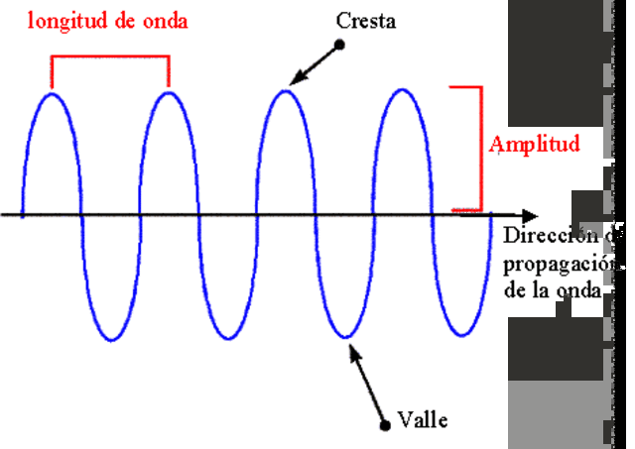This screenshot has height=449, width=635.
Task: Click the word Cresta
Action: [x=366, y=21]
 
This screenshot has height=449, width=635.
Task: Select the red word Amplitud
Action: [x=534, y=145]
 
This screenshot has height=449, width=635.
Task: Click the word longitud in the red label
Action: [x=65, y=21]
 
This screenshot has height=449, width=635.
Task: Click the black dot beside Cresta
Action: [x=339, y=45]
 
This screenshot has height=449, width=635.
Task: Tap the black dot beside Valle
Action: [x=385, y=426]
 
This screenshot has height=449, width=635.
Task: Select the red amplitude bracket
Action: [x=478, y=149]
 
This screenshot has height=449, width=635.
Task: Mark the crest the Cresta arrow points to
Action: [x=286, y=92]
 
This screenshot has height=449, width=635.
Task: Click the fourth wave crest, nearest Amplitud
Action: [x=403, y=92]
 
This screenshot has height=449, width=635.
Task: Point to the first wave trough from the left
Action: [x=110, y=339]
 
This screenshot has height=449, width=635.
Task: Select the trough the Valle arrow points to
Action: [x=344, y=339]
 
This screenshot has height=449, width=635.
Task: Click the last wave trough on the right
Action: [x=461, y=339]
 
